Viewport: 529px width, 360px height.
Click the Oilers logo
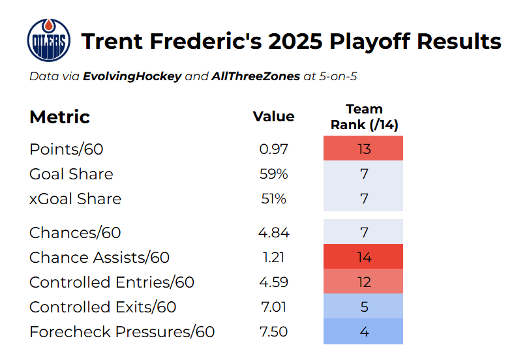coord(48,40)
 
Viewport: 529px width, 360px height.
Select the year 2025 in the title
coord(295,42)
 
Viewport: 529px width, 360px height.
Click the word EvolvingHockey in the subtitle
coord(132,76)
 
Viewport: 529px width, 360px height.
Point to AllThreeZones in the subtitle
coord(256,76)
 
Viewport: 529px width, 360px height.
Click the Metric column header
coord(60,117)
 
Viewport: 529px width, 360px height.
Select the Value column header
coord(273,116)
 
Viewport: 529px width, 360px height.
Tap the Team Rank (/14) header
coord(365,117)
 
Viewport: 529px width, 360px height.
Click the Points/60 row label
coord(66,149)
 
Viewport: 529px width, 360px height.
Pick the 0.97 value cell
coord(273,149)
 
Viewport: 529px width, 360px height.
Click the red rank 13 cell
coord(363,148)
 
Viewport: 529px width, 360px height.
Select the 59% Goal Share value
coord(273,174)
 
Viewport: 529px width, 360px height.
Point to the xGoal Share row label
coord(75,199)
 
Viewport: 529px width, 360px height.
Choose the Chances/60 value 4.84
coord(273,232)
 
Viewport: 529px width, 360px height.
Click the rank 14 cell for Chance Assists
coord(363,256)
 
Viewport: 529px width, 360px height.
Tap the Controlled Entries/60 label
coord(112,282)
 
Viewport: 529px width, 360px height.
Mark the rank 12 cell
coord(363,281)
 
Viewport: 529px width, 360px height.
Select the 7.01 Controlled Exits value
coord(273,307)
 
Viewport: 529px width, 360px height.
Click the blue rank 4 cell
coord(363,331)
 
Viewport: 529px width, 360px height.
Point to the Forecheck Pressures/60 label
coord(122,332)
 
